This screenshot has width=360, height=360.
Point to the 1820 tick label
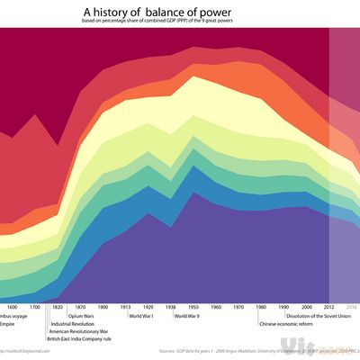[58, 307]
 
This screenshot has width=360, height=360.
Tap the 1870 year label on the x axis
[79, 307]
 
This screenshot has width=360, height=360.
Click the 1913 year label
[125, 307]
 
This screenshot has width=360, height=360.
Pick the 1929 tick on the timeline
[148, 307]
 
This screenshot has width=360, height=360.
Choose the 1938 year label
[171, 307]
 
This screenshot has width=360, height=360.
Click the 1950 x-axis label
[193, 307]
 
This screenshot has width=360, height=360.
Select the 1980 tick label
[262, 307]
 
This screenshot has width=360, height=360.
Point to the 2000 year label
[308, 307]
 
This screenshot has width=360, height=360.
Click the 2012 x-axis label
[330, 307]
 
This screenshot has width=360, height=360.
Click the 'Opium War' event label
[82, 316]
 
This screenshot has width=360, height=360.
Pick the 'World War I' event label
[142, 316]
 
